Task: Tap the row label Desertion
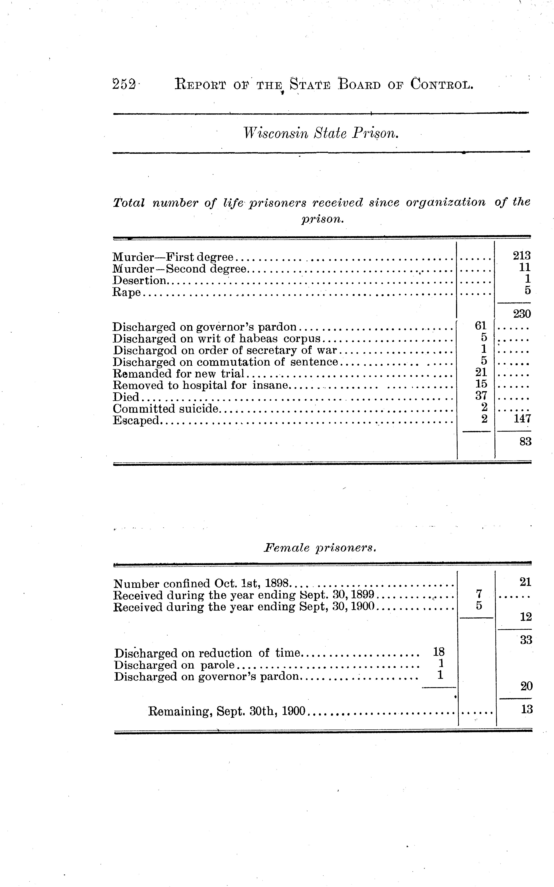coord(139,281)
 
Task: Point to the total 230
coord(522,314)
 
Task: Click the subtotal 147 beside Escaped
coord(522,419)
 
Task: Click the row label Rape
coord(126,292)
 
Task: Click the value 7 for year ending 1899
coord(478,594)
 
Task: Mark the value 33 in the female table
coord(526,640)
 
